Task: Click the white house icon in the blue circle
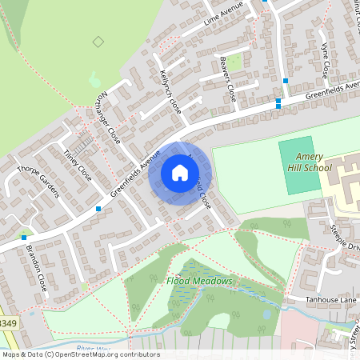click(x=180, y=172)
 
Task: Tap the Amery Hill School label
click(x=308, y=162)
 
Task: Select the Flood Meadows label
click(x=199, y=281)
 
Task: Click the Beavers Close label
click(x=226, y=77)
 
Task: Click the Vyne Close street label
click(x=325, y=60)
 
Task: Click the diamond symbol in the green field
click(x=98, y=41)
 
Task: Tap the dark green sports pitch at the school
click(x=298, y=166)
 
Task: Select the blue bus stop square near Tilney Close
click(x=98, y=209)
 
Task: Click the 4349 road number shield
click(x=7, y=323)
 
